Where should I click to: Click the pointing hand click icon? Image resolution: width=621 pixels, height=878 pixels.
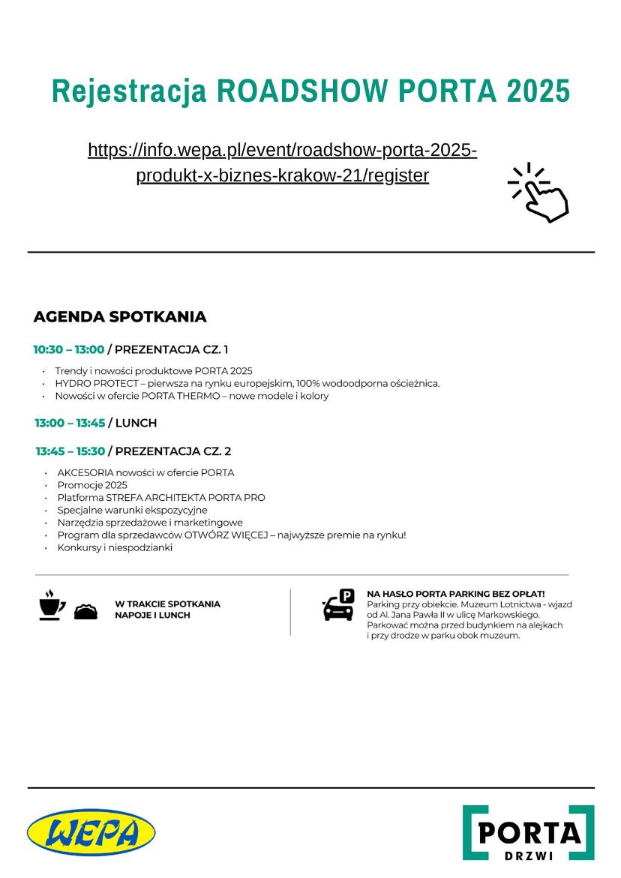pyautogui.click(x=540, y=193)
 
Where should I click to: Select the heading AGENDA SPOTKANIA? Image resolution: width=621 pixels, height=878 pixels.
pyautogui.click(x=120, y=316)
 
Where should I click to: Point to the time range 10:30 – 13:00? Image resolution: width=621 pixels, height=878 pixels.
pyautogui.click(x=68, y=349)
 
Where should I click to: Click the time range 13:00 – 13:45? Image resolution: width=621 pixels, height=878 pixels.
pyautogui.click(x=70, y=423)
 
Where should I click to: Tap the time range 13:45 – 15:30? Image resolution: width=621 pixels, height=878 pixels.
pyautogui.click(x=70, y=451)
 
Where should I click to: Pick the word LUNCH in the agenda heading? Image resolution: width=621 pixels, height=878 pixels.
pyautogui.click(x=136, y=423)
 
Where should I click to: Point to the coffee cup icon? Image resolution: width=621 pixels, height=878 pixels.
pyautogui.click(x=52, y=604)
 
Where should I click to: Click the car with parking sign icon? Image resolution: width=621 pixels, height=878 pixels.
pyautogui.click(x=338, y=604)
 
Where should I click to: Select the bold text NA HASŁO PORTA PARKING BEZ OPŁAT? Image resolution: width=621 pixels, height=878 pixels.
pyautogui.click(x=455, y=593)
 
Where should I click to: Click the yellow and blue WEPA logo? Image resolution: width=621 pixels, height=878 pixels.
pyautogui.click(x=91, y=833)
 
